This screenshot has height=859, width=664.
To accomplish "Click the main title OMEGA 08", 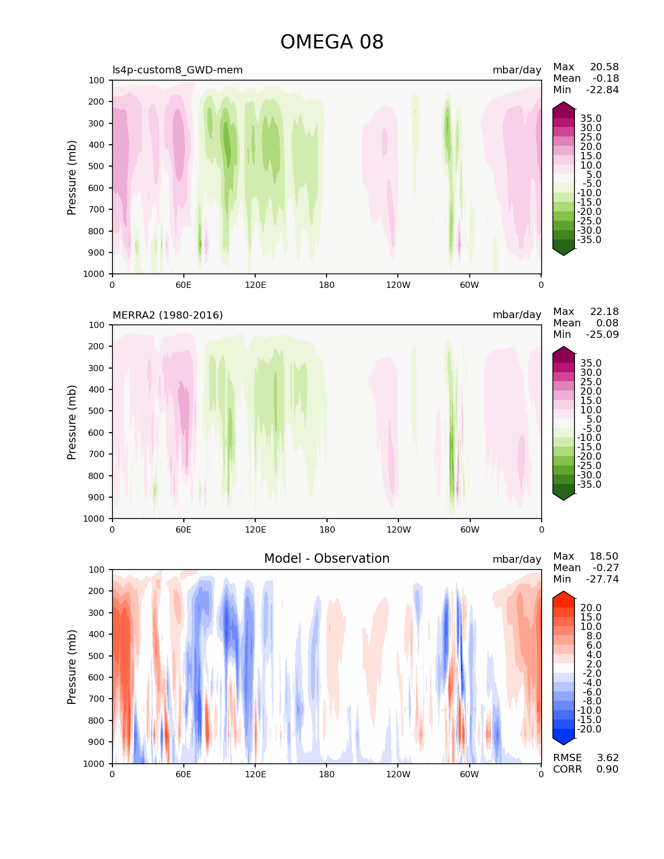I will [332, 42].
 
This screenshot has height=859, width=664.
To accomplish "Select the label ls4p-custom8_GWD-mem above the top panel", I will [178, 70].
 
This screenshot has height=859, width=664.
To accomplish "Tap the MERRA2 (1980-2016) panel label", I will [168, 315].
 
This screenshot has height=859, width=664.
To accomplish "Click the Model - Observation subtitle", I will [327, 559].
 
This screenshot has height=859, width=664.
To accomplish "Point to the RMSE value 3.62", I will [607, 758].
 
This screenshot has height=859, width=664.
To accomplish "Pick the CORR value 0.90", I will [607, 769].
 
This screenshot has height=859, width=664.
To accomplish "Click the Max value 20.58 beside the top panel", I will [604, 67].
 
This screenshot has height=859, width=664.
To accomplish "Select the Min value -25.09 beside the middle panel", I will [602, 335].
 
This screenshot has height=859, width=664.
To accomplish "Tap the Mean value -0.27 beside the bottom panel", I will [605, 568].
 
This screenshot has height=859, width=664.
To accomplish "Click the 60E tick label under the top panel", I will [183, 285].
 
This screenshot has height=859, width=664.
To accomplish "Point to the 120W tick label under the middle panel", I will [398, 530].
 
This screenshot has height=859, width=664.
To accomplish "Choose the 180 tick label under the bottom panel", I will [327, 775].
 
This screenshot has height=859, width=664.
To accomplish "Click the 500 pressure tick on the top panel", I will [97, 167].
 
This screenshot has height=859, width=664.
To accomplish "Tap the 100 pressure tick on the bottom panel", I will [97, 570].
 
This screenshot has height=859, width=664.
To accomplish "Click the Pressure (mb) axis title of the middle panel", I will [72, 422].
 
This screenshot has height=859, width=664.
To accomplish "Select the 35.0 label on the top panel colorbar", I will [591, 119].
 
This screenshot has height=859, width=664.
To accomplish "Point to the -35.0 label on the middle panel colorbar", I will [589, 485].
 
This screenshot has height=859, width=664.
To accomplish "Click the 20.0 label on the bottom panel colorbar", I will [591, 608].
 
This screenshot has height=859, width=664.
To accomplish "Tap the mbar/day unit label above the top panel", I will [517, 70].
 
